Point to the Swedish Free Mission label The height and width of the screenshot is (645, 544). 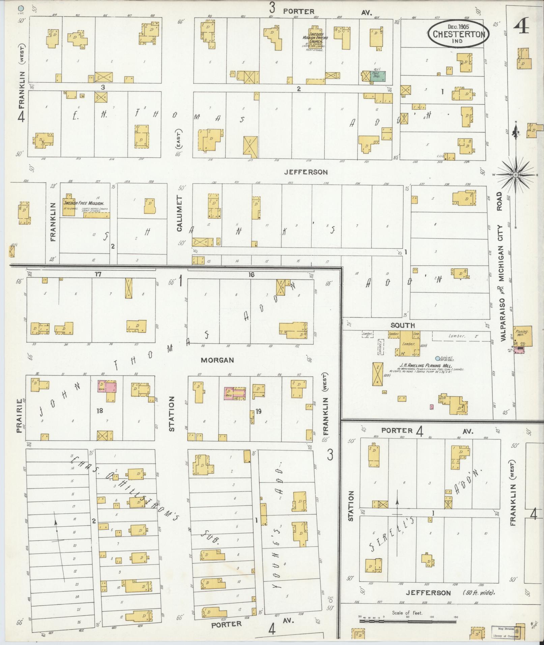point(84,203)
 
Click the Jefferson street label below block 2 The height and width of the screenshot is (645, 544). point(306,172)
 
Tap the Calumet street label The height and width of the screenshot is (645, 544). point(179,214)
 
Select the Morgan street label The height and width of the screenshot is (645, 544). point(217,360)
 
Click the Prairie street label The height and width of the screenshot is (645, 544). point(19,416)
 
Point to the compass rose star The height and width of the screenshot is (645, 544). point(515,175)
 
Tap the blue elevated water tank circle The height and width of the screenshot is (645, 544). point(437,358)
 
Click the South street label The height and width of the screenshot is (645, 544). point(403,325)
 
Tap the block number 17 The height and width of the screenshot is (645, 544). point(98,274)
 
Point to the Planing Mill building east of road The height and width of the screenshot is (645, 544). point(522,335)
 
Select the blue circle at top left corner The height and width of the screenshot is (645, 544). point(22,8)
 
